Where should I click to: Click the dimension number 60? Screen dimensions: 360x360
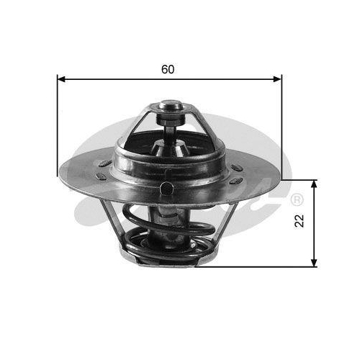[x=168, y=70]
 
